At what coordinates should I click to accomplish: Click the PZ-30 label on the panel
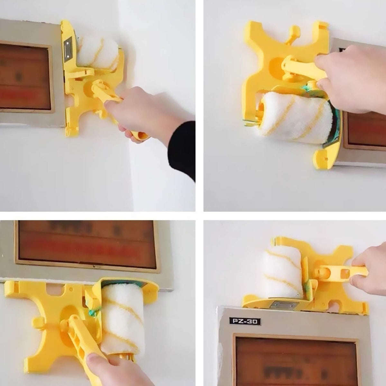245,321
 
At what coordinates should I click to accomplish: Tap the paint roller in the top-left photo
97,53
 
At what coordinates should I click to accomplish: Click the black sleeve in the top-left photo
182,148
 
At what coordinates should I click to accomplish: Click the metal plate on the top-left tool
69,50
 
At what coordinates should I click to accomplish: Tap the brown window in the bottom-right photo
296,360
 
